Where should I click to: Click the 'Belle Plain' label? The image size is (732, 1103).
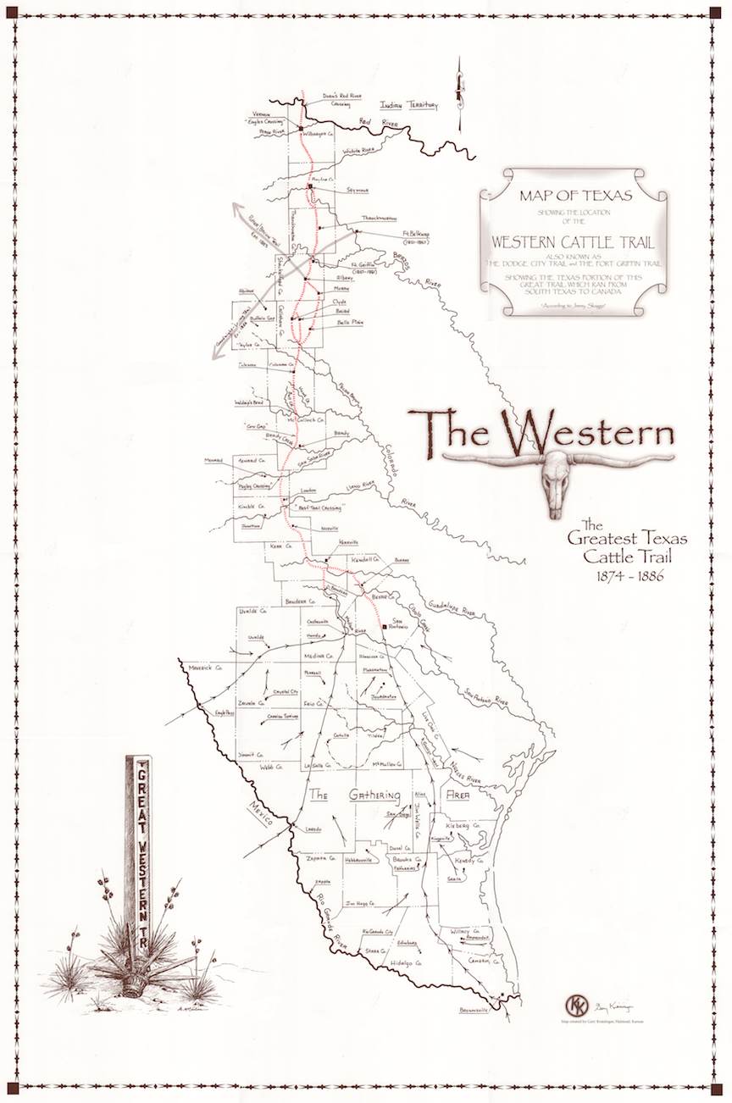pyautogui.click(x=350, y=323)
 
